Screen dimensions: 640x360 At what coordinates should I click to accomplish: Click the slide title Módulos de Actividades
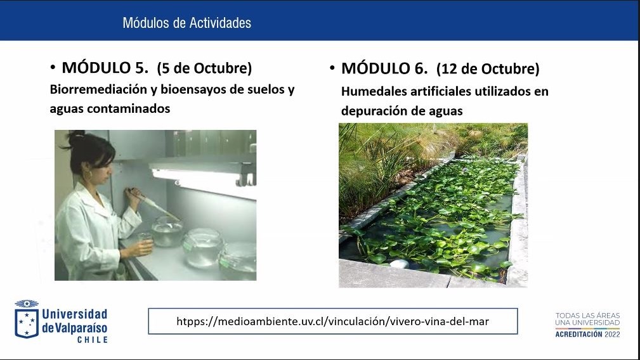coord(187,23)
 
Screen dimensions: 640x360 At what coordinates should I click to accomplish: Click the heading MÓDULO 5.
coord(105,68)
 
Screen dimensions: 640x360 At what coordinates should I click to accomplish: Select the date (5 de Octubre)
coord(204,68)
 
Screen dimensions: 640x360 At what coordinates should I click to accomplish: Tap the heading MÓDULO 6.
coord(384,68)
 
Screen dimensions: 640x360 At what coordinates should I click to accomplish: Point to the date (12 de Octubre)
coord(488,68)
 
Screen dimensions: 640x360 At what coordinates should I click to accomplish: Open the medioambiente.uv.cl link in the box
coord(332,321)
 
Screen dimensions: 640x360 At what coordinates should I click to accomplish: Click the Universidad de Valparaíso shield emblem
coord(27,319)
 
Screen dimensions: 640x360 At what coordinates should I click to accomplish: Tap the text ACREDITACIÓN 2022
coord(587,334)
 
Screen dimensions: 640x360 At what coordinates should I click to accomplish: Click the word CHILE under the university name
coord(93,340)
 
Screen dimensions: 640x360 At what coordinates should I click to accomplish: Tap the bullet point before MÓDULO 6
coord(332,67)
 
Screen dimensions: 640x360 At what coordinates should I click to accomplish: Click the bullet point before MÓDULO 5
coord(53,67)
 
